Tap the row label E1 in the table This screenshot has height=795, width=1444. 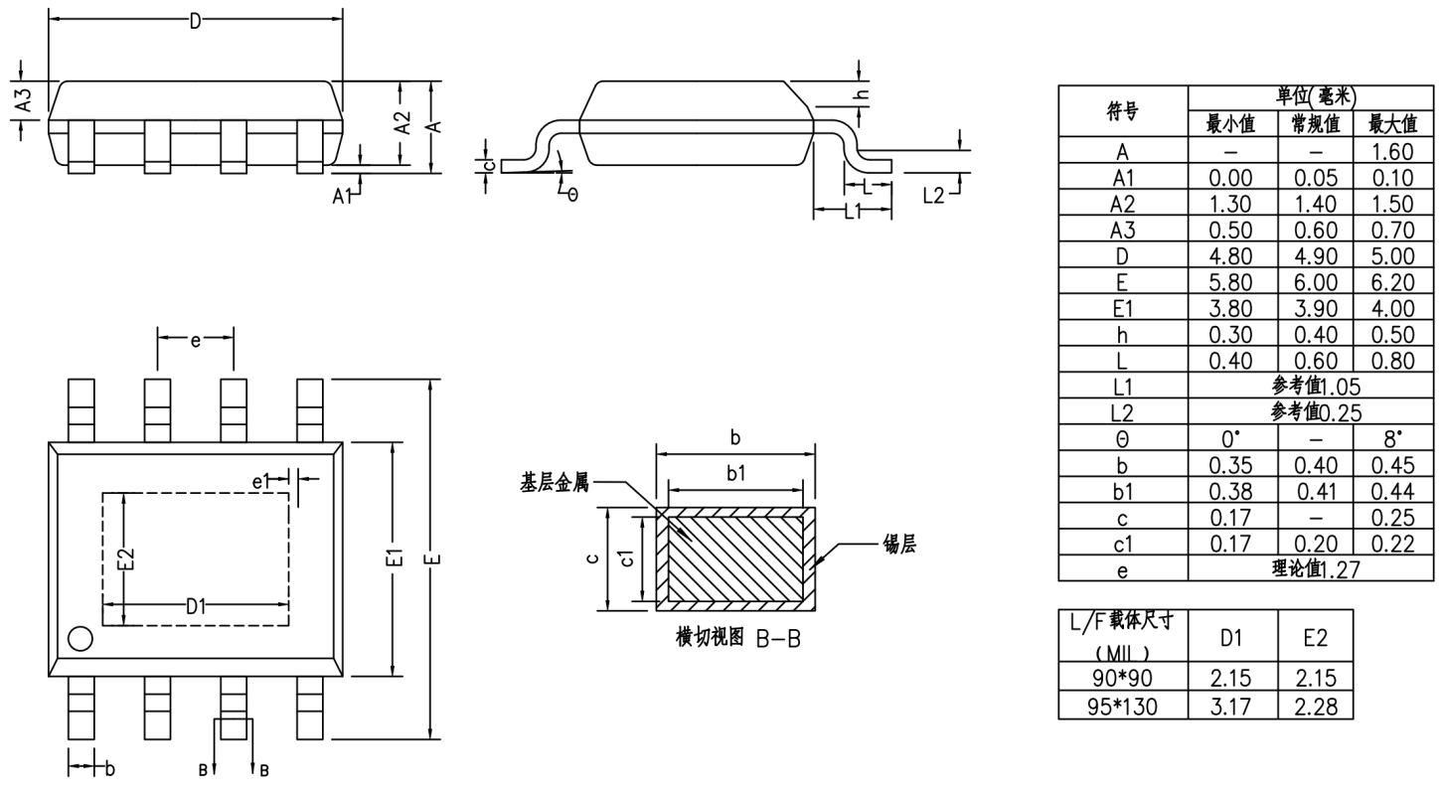[1122, 307]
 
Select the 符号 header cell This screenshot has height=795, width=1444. [1122, 112]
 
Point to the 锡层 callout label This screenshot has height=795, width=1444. [898, 545]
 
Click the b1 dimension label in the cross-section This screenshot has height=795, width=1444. [735, 474]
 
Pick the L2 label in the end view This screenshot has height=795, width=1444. [933, 196]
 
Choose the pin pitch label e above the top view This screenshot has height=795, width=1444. [196, 342]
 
